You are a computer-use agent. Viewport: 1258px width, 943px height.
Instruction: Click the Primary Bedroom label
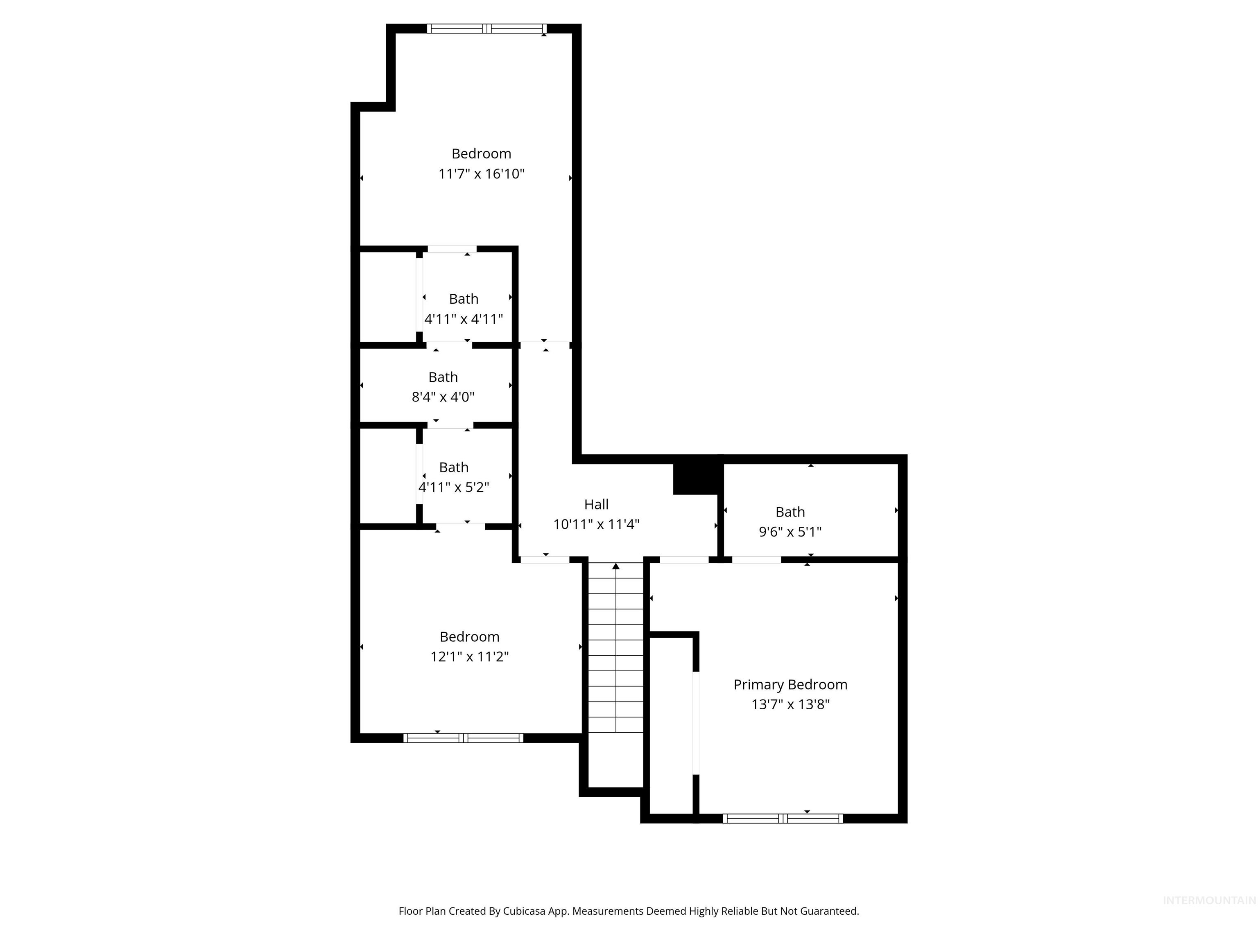(x=790, y=684)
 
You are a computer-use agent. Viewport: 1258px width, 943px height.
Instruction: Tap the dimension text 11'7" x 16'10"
(x=481, y=174)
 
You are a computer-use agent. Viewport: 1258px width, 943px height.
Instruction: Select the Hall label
(x=596, y=504)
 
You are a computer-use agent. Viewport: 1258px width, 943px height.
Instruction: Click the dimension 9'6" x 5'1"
(x=790, y=532)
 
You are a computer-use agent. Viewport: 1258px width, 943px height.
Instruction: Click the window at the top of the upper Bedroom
(x=487, y=28)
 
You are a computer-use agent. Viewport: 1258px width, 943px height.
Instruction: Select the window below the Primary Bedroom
(x=783, y=819)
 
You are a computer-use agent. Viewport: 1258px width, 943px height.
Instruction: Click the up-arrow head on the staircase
(x=616, y=566)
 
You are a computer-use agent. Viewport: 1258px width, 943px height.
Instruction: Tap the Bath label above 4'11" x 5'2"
(x=453, y=467)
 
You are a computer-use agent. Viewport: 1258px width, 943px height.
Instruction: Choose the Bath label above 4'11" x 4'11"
(x=464, y=299)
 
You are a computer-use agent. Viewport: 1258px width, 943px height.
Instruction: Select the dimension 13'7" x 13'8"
(x=790, y=705)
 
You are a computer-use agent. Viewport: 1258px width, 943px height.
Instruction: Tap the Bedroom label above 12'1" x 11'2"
(x=469, y=636)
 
